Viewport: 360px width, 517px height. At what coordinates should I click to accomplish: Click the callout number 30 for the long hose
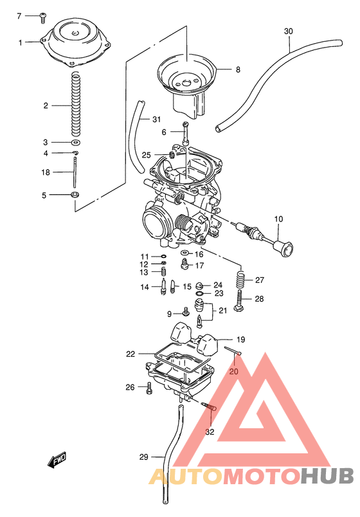pyautogui.click(x=288, y=31)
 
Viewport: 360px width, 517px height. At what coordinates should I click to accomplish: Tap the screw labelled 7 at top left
pyautogui.click(x=42, y=15)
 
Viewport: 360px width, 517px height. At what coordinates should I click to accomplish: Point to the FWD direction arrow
pyautogui.click(x=57, y=460)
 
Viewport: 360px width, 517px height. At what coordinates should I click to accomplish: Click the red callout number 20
pyautogui.click(x=234, y=371)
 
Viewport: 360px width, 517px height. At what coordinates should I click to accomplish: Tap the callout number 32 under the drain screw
pyautogui.click(x=210, y=431)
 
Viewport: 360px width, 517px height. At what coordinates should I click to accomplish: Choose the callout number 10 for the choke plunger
pyautogui.click(x=278, y=219)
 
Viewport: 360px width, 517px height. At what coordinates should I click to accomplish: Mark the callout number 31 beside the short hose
pyautogui.click(x=156, y=120)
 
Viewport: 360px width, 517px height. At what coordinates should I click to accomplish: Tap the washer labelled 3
pyautogui.click(x=75, y=142)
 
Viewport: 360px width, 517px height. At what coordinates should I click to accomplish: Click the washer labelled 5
pyautogui.click(x=75, y=195)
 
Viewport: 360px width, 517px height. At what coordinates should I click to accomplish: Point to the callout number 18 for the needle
pyautogui.click(x=45, y=172)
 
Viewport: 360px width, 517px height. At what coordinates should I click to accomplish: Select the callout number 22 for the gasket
pyautogui.click(x=130, y=354)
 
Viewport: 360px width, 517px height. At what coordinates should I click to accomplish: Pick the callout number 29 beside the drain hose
pyautogui.click(x=143, y=457)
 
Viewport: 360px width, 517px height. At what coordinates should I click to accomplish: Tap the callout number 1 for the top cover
pyautogui.click(x=20, y=42)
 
